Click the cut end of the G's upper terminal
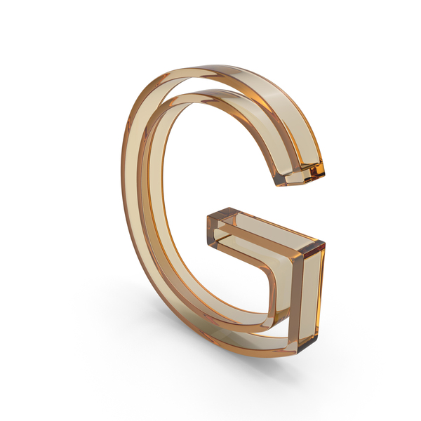click(300, 175)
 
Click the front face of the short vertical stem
click(309, 295)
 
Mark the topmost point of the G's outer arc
click(215, 65)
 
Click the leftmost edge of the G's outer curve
click(121, 172)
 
